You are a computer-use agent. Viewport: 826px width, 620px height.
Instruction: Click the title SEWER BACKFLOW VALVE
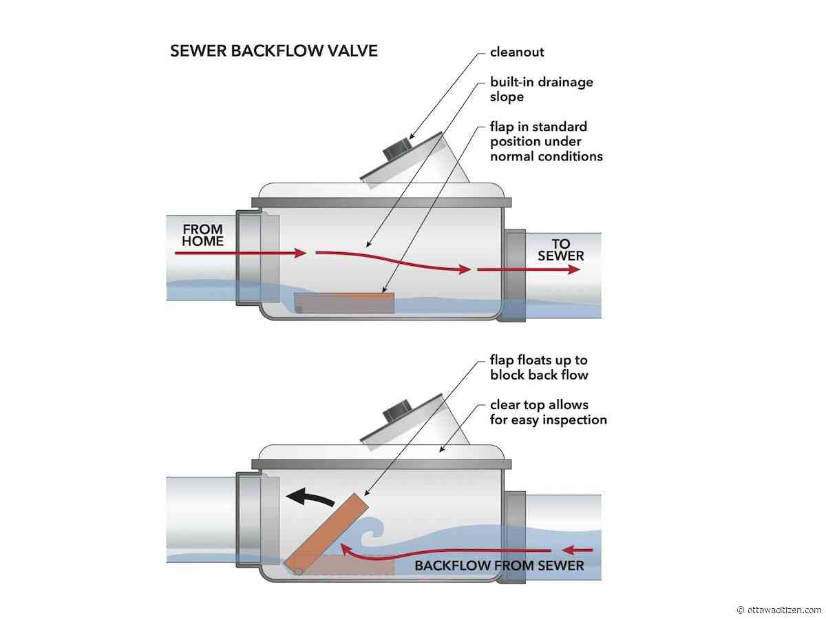tap(273, 51)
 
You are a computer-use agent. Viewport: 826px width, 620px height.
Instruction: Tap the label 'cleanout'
tap(517, 52)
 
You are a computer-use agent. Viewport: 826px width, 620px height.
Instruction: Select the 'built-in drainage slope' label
tap(542, 90)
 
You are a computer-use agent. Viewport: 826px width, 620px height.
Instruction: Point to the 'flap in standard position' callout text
tap(546, 141)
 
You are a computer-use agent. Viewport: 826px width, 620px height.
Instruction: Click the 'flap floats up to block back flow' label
tap(539, 367)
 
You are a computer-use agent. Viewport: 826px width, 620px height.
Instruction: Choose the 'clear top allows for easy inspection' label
tap(549, 412)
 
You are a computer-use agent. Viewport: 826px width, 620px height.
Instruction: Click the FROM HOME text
tap(202, 235)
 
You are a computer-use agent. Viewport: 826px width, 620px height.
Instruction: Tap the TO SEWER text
tap(560, 249)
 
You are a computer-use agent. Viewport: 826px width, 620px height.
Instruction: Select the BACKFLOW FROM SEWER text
tap(499, 566)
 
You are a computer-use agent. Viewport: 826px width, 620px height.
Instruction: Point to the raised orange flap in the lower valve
tap(326, 533)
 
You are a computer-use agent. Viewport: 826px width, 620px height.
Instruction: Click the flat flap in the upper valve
tap(344, 302)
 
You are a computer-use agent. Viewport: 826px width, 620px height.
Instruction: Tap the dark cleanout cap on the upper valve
tap(396, 148)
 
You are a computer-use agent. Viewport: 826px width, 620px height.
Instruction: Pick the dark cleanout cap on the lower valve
tap(396, 410)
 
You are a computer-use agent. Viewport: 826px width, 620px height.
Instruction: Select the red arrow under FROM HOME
tap(241, 253)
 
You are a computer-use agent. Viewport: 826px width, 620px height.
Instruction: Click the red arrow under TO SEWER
tap(529, 269)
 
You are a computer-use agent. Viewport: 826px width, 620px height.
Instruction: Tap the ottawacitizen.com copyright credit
tap(779, 610)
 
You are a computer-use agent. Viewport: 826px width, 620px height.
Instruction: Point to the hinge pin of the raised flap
tap(299, 572)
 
